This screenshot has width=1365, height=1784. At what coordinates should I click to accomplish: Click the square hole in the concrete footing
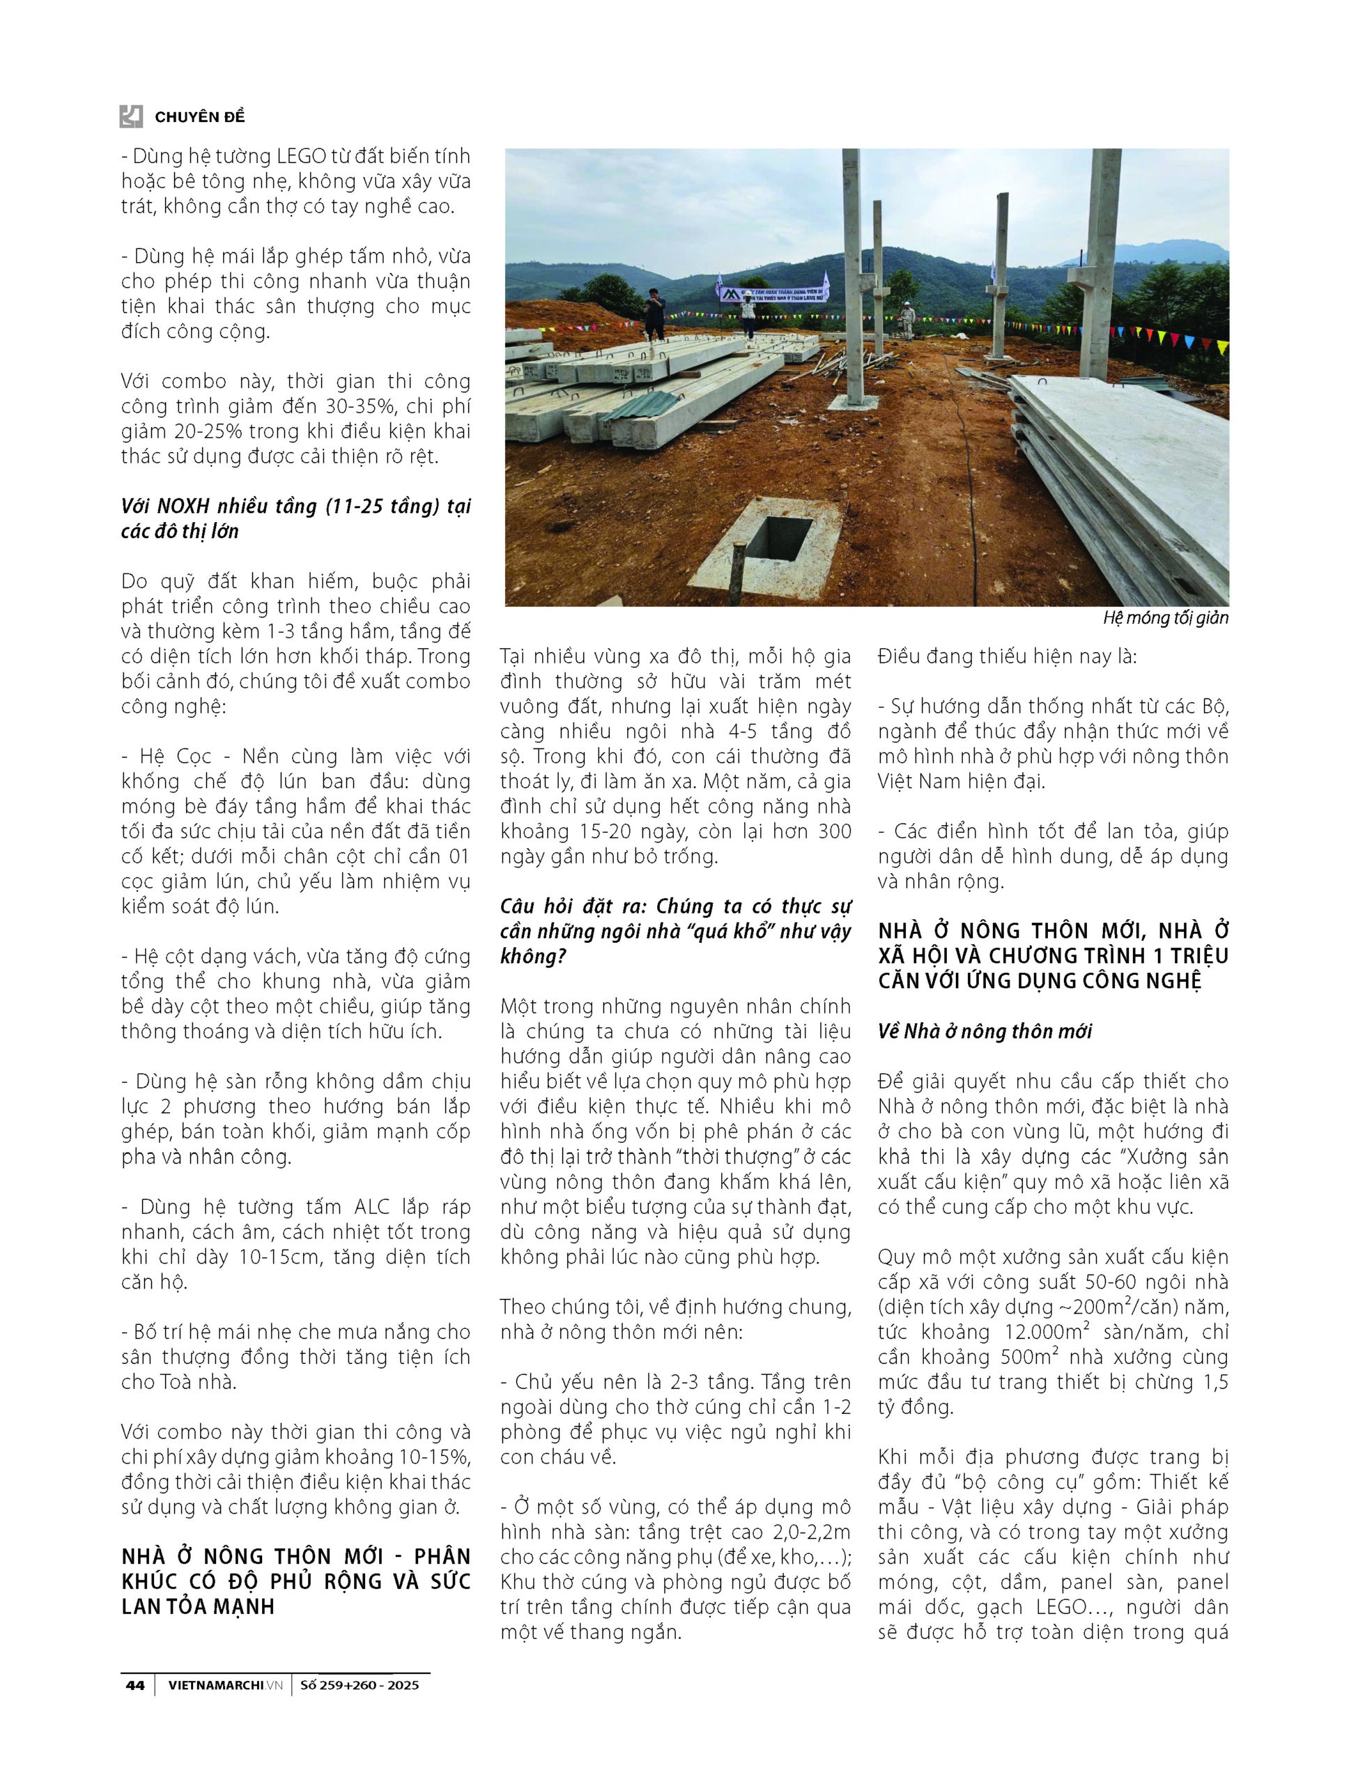tap(778, 537)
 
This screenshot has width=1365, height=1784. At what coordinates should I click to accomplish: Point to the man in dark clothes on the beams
tap(654, 314)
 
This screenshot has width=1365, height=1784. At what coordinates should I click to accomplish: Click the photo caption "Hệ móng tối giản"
tap(1165, 618)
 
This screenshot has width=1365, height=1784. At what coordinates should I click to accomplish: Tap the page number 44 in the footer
tap(135, 1685)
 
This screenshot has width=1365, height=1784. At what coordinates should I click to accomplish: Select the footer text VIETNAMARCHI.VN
tap(225, 1685)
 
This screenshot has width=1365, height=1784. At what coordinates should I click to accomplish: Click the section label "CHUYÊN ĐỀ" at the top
tap(200, 117)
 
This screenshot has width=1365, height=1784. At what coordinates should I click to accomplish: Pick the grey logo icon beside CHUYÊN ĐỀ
tap(132, 116)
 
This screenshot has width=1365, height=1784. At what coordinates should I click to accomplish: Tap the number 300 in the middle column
tap(831, 831)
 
